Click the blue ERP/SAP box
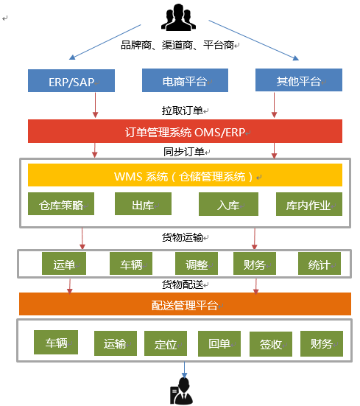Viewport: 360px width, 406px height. [x=71, y=80]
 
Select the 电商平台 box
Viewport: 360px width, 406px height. [x=186, y=80]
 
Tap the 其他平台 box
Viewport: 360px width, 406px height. [x=299, y=80]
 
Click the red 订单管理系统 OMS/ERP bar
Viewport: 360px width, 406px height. [x=186, y=131]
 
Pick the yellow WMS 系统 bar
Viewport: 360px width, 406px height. [x=186, y=175]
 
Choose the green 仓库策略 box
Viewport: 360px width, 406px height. [x=61, y=204]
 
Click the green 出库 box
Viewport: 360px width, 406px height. [x=143, y=204]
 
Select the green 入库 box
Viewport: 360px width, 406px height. [x=228, y=204]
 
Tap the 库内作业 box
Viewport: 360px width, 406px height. [x=309, y=204]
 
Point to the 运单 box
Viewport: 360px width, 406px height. [x=64, y=264]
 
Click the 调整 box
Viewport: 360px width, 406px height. [x=197, y=264]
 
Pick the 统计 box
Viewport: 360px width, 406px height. [x=320, y=264]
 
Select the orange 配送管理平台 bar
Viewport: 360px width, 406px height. [x=186, y=304]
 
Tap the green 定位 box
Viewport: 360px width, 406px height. [x=166, y=343]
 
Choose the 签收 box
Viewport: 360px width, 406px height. [x=271, y=344]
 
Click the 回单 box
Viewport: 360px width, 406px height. [x=219, y=343]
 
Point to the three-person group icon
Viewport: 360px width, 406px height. [x=178, y=18]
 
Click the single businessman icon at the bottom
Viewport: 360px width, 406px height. [x=181, y=391]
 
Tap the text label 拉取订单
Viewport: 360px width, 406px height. [x=183, y=111]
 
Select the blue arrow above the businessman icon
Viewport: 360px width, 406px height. [x=184, y=370]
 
